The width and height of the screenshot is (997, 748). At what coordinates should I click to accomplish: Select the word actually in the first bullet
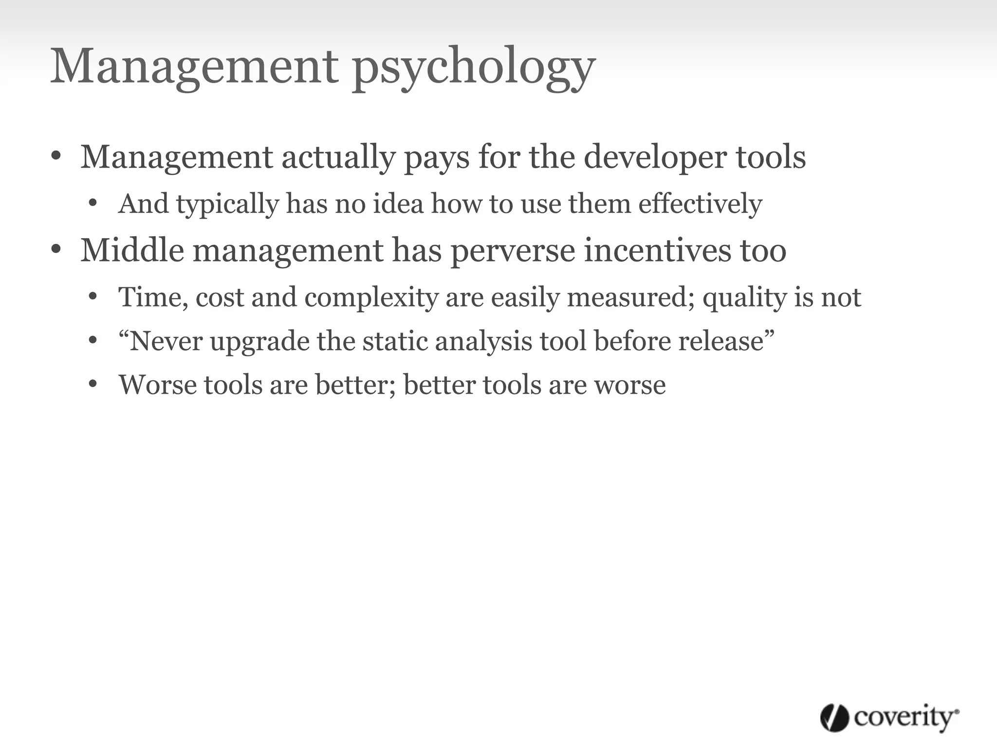pos(339,158)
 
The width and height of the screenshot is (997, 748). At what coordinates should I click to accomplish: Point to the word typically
pos(227,204)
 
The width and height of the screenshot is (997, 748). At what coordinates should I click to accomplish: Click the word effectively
pos(700,204)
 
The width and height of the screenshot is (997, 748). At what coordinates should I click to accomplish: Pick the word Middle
pos(132,250)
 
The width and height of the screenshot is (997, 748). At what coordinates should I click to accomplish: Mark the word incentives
pos(658,250)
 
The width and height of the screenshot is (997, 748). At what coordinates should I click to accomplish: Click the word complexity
pos(371,298)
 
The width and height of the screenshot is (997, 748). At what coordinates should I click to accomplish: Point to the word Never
pos(166,341)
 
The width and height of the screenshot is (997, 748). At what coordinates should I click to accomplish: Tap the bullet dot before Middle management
pos(56,250)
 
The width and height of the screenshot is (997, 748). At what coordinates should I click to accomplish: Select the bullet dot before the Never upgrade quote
pos(93,341)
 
